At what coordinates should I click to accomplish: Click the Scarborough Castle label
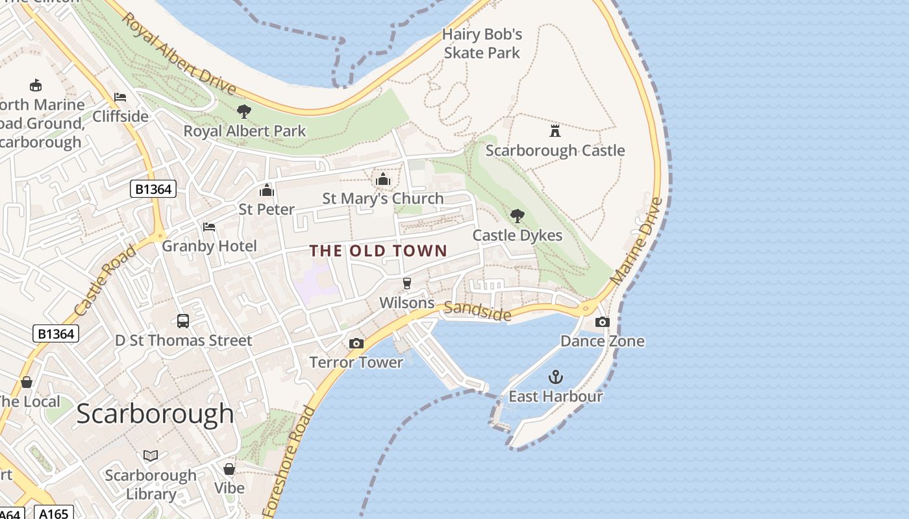click(x=555, y=151)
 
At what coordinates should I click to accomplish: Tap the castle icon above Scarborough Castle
click(x=555, y=131)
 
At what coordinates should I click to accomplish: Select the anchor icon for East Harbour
click(x=556, y=376)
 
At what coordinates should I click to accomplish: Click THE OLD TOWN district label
click(x=379, y=251)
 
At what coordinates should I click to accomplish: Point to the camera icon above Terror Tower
click(x=356, y=343)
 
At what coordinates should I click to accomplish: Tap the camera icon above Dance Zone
click(x=603, y=322)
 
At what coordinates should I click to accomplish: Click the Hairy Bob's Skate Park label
click(x=482, y=43)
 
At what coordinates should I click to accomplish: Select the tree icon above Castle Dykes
click(x=517, y=215)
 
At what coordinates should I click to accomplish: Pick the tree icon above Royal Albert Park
click(x=244, y=112)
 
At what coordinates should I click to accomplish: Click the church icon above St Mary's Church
click(x=383, y=179)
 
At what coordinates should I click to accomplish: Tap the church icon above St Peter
click(x=266, y=190)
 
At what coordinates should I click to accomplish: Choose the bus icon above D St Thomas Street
click(x=183, y=320)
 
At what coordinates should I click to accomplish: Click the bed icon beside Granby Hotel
click(x=209, y=227)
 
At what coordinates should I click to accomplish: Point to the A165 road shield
click(x=53, y=513)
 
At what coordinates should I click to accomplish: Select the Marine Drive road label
click(x=637, y=240)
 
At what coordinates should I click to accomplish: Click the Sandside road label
click(x=477, y=311)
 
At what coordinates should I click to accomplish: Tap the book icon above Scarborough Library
click(x=151, y=455)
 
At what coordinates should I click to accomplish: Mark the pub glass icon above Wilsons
click(x=407, y=284)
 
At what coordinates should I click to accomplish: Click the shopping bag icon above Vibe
click(x=229, y=468)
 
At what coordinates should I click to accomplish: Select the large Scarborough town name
click(x=155, y=414)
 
